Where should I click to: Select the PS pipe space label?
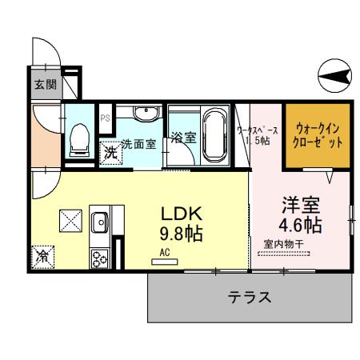pyautogui.click(x=105, y=117)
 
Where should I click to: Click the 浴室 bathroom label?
pyautogui.click(x=185, y=137)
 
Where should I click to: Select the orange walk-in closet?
pyautogui.click(x=319, y=134)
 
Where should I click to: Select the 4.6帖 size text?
pyautogui.click(x=300, y=223)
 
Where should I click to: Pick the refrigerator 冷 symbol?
pyautogui.click(x=41, y=258)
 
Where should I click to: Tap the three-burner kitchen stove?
pyautogui.click(x=101, y=258)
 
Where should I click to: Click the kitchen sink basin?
pyautogui.click(x=101, y=222)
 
